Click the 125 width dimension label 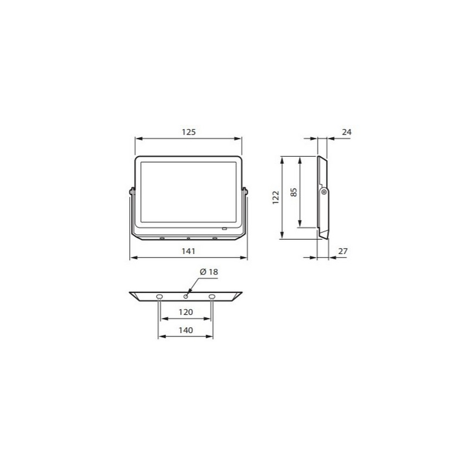(x=188, y=132)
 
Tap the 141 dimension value (x=188, y=251)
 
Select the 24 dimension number (x=347, y=132)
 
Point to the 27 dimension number (x=342, y=251)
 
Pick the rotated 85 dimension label (x=294, y=192)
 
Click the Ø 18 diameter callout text (x=208, y=271)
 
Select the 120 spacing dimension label (x=185, y=313)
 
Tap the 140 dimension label (x=185, y=330)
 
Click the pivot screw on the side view (x=324, y=192)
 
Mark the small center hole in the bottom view (x=186, y=296)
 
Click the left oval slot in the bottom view (x=159, y=296)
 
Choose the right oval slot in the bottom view (x=212, y=296)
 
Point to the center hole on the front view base (x=188, y=238)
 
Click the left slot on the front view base (x=162, y=238)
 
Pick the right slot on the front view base (x=214, y=238)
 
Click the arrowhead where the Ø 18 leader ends (x=188, y=293)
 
